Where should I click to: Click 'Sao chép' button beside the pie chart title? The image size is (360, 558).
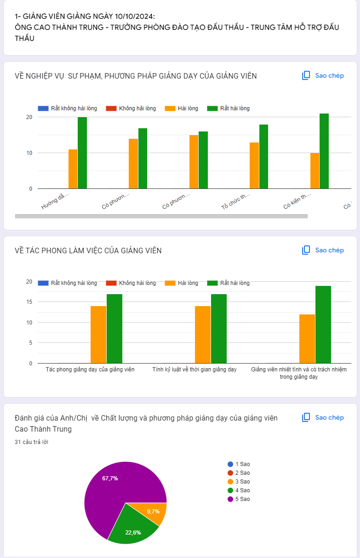pyautogui.click(x=323, y=417)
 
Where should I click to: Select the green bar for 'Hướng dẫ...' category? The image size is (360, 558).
pyautogui.click(x=82, y=153)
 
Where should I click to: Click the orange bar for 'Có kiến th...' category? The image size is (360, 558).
pyautogui.click(x=314, y=171)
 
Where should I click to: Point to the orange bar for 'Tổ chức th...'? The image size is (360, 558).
pyautogui.click(x=254, y=165)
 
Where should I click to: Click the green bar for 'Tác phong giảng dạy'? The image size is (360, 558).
pyautogui.click(x=114, y=329)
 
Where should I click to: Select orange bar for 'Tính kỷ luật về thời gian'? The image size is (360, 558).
pyautogui.click(x=203, y=335)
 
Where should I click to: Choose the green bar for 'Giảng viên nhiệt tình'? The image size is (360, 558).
pyautogui.click(x=323, y=325)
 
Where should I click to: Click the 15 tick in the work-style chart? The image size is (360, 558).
pyautogui.click(x=29, y=302)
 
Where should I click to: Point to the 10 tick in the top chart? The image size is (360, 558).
pyautogui.click(x=29, y=153)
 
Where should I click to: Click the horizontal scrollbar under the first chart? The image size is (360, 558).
pyautogui.click(x=161, y=216)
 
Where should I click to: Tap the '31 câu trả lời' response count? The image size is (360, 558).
pyautogui.click(x=32, y=442)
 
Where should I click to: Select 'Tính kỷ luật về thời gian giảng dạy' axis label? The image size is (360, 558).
pyautogui.click(x=194, y=370)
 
